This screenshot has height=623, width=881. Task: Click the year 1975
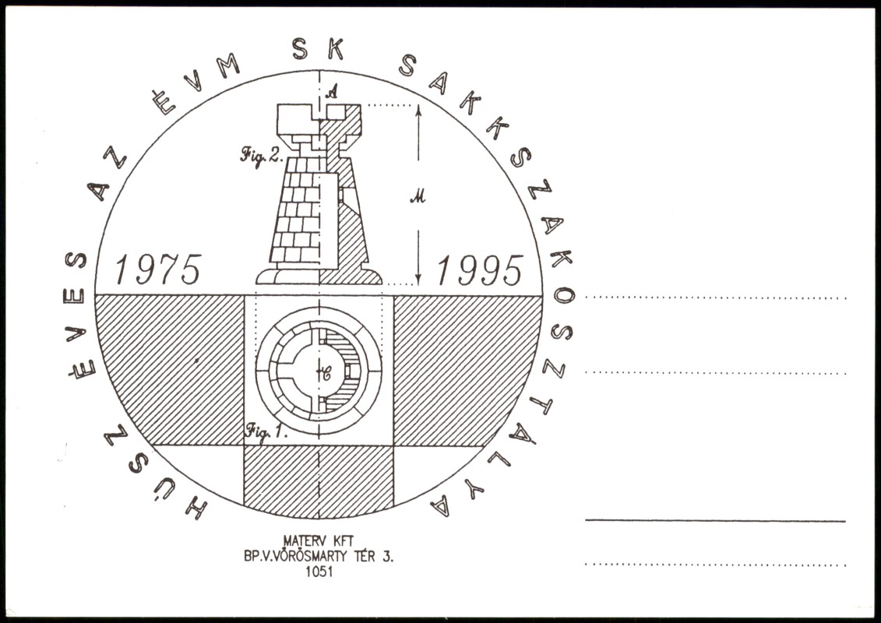158,269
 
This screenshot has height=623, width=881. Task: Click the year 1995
480,269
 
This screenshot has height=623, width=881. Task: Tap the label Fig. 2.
261,155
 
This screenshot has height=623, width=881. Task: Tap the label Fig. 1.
266,432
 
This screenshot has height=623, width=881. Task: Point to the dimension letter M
418,196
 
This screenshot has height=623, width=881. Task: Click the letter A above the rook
332,90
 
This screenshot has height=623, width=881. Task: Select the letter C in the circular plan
325,373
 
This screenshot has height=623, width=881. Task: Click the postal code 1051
319,572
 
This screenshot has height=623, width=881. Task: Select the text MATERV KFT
318,541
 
